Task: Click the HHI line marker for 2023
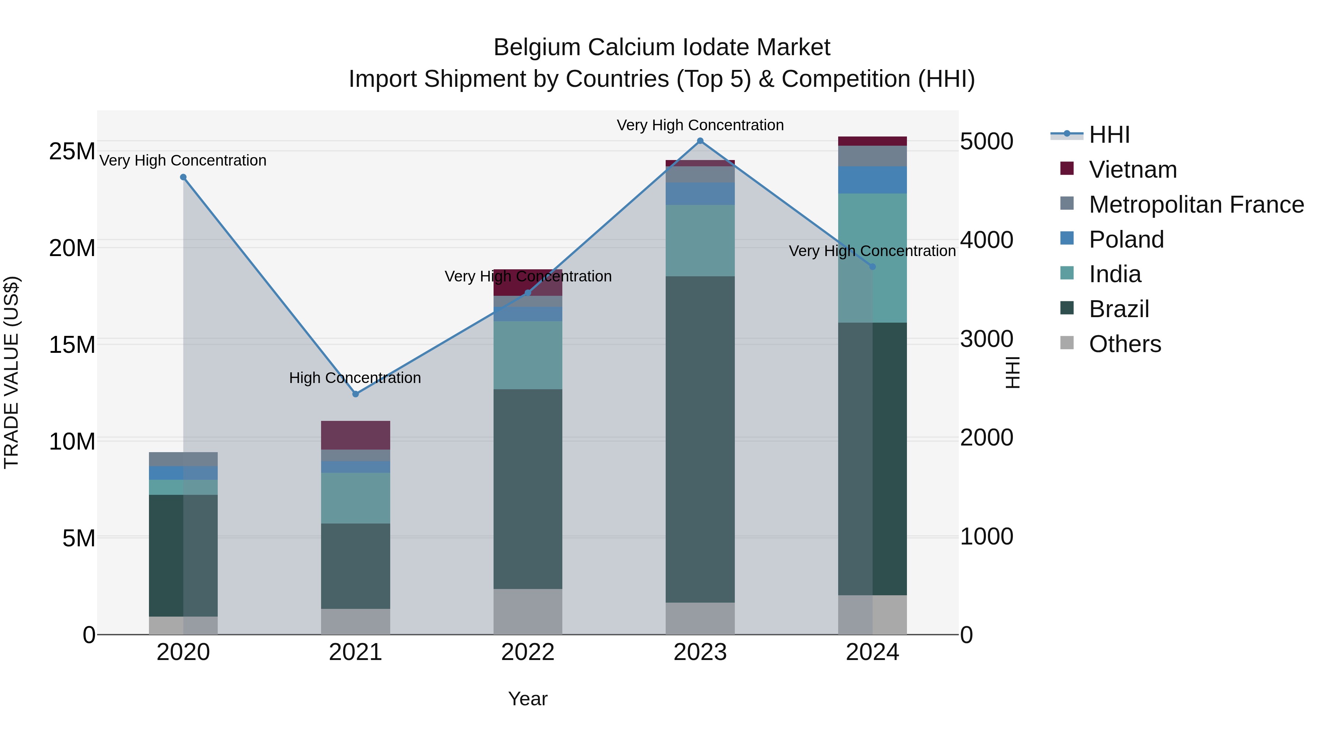700,141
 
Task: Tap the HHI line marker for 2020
183,177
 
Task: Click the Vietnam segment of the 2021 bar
355,435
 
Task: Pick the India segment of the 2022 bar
528,355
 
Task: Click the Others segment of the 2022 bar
528,611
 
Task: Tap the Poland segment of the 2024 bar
872,180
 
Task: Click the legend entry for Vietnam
1132,170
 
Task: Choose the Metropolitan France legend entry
1196,205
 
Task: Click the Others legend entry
1125,344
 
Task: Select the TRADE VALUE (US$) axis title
11,372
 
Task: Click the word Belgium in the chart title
537,47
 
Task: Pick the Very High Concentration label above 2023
700,125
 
